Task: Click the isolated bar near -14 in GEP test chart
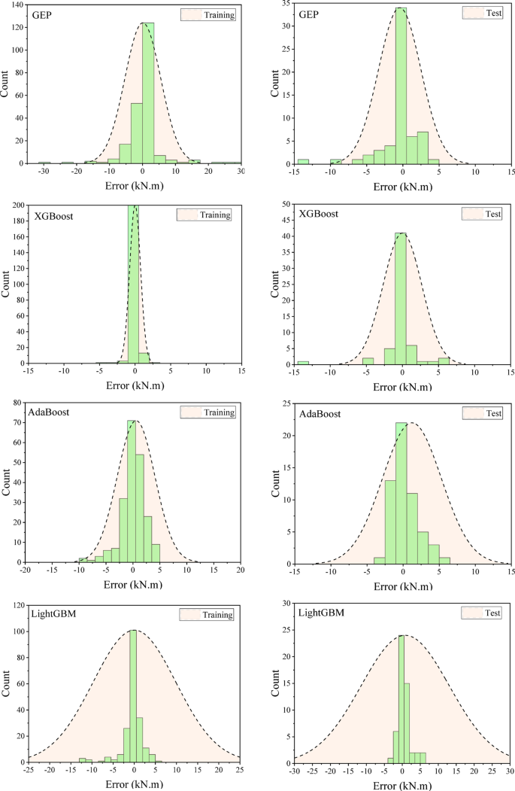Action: click(x=303, y=161)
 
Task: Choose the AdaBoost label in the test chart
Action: click(x=319, y=414)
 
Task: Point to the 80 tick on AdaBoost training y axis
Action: click(x=18, y=404)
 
